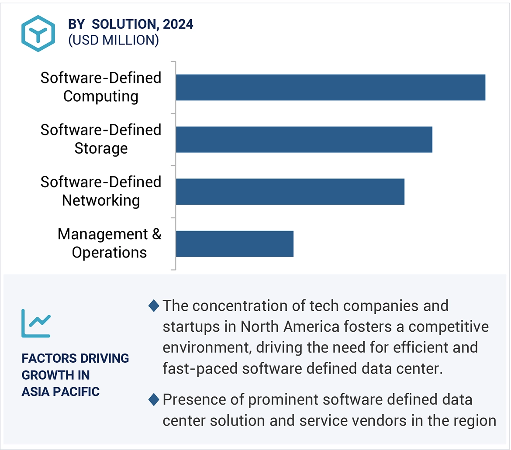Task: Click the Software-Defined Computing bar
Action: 330,87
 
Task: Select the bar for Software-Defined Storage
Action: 304,140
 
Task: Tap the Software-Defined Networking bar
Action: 290,192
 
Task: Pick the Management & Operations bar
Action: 235,244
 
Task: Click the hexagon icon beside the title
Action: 38,33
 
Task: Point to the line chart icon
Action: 36,323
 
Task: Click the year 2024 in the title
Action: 178,25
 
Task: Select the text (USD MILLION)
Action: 114,40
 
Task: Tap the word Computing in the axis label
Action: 101,96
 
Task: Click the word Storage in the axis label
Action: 101,148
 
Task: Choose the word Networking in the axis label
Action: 101,200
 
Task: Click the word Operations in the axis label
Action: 109,252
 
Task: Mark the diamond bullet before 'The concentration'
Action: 154,306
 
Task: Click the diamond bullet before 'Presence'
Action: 154,399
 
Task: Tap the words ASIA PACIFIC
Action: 61,392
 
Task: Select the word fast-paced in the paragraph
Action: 199,369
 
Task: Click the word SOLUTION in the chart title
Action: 124,25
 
